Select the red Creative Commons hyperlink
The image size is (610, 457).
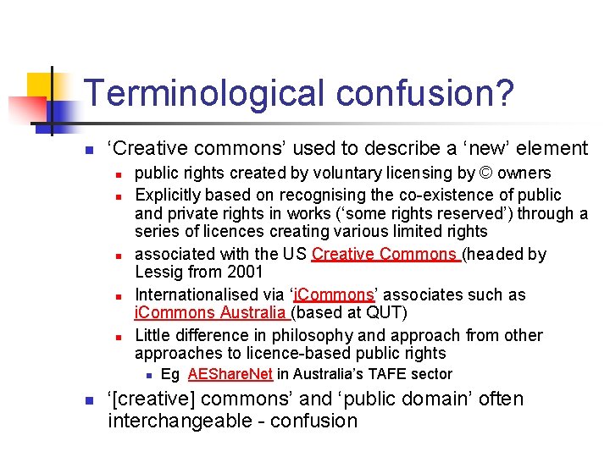click(385, 254)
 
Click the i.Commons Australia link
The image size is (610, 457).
click(212, 313)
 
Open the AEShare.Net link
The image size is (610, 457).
click(230, 374)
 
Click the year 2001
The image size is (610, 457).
click(241, 273)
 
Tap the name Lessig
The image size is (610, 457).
click(158, 273)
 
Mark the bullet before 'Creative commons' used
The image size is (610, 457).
click(87, 150)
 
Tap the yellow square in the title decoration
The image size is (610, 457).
click(41, 87)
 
